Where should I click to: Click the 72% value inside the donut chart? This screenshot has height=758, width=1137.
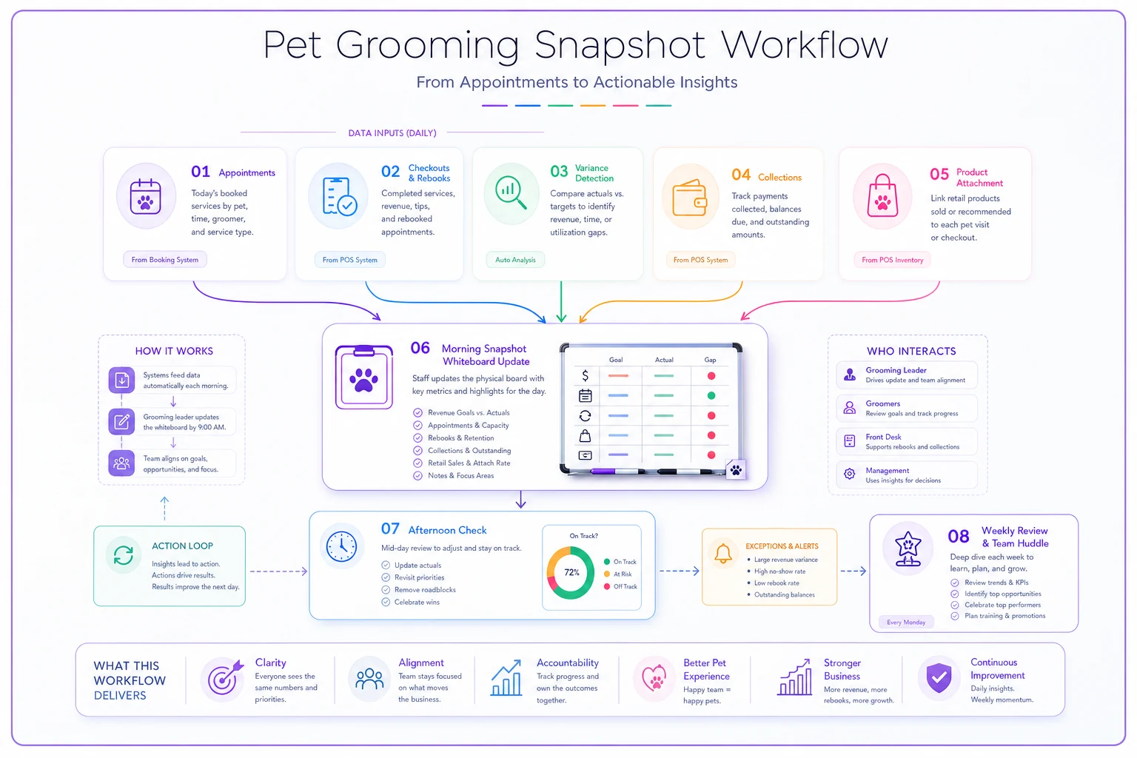tap(571, 572)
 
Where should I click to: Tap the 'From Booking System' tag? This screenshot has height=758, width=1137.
tap(165, 259)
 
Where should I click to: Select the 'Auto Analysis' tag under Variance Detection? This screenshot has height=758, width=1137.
tap(515, 259)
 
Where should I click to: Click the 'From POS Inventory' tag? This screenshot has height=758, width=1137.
tap(892, 260)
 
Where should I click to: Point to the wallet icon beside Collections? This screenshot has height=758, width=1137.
tap(689, 198)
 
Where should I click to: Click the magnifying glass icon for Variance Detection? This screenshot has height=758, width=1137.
tap(511, 192)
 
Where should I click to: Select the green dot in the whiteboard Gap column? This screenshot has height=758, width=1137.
tap(711, 395)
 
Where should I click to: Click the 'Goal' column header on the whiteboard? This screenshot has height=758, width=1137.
tap(616, 360)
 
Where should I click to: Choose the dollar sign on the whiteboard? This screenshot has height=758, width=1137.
tap(586, 376)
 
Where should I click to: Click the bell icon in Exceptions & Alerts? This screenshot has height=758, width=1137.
tap(722, 553)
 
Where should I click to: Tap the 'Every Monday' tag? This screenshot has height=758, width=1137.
tap(906, 622)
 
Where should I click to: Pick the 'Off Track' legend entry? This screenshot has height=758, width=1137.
tap(620, 586)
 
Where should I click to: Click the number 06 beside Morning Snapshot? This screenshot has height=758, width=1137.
tap(420, 349)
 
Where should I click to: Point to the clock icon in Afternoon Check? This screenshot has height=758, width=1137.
tap(341, 547)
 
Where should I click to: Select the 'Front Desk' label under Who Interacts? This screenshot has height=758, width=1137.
tap(883, 437)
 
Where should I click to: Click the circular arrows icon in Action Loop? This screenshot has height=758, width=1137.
tap(124, 555)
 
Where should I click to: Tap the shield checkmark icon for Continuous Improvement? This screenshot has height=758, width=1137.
tap(939, 678)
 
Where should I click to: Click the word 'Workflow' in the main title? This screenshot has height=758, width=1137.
tap(805, 44)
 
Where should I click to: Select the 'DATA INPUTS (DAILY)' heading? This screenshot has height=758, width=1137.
tap(392, 133)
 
